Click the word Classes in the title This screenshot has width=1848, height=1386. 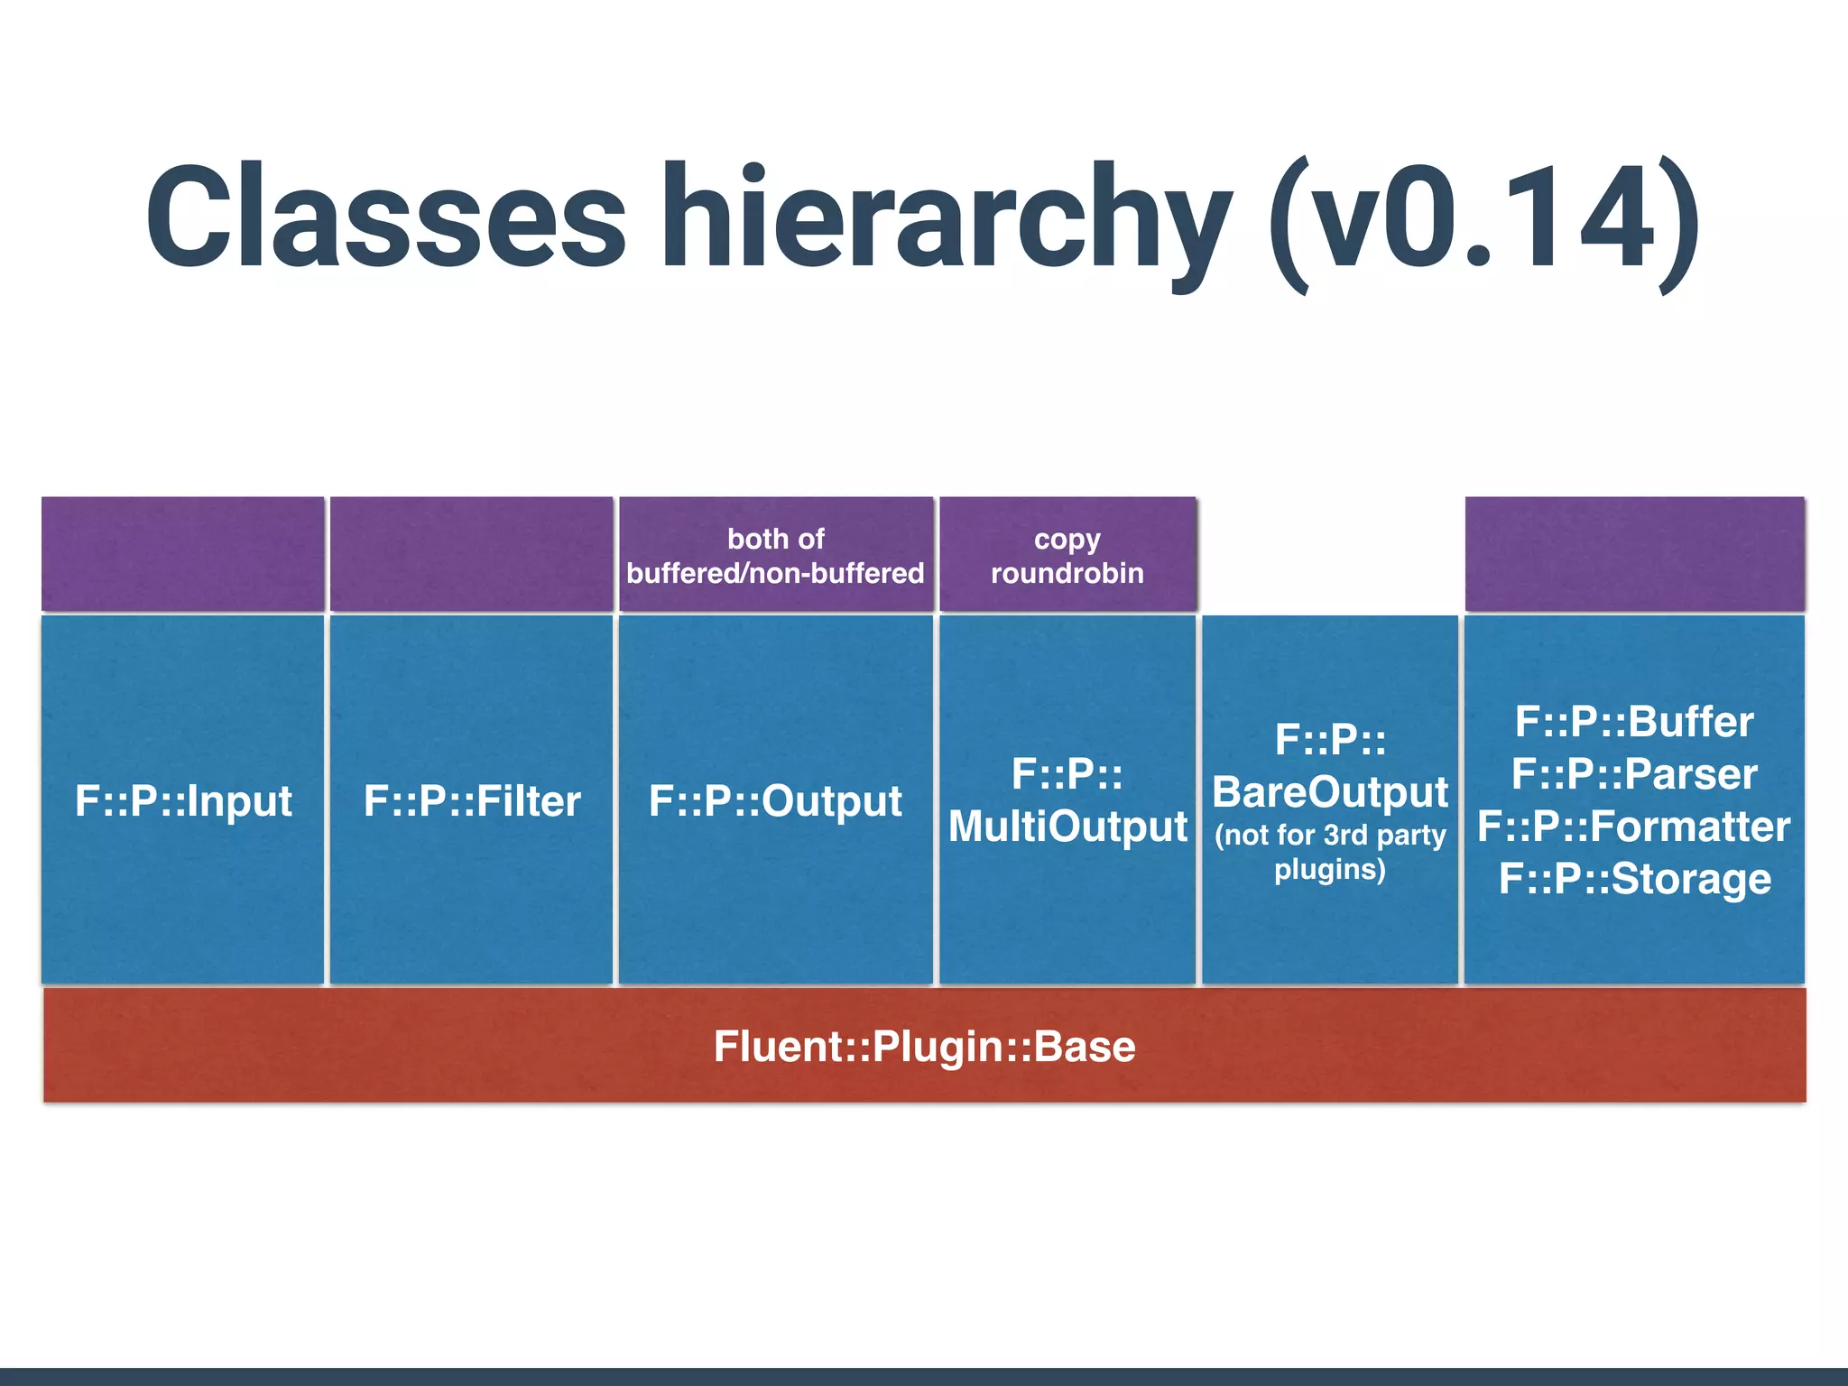point(385,217)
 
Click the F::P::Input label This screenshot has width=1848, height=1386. point(183,801)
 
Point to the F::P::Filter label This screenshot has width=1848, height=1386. point(472,801)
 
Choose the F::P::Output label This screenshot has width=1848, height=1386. point(775,801)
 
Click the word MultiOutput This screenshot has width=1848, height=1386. point(1067,827)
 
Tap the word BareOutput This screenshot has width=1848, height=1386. point(1330,792)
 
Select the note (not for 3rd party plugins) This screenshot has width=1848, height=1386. point(1330,852)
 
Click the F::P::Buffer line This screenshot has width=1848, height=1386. point(1634,722)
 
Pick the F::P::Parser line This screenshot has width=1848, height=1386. point(1634,774)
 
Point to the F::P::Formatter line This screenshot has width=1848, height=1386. point(1634,827)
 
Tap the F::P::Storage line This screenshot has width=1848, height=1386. point(1634,879)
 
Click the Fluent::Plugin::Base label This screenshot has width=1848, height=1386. point(924,1047)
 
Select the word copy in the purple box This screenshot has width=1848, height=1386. point(1067,540)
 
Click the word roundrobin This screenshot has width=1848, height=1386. point(1067,573)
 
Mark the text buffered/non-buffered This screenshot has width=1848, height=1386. point(775,573)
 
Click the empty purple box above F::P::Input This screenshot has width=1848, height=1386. point(183,554)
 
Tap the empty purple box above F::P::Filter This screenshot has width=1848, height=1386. point(472,554)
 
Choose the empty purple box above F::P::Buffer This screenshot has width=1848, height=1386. point(1634,554)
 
